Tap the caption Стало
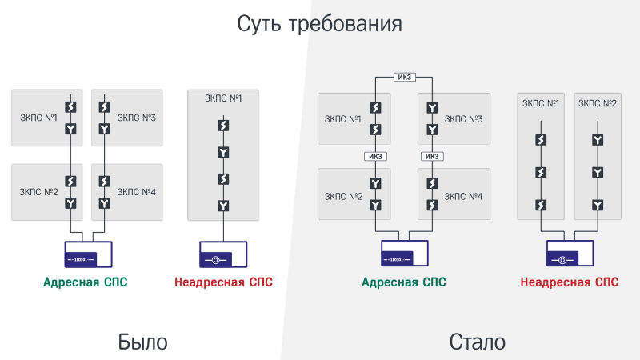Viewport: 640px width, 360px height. coord(478,342)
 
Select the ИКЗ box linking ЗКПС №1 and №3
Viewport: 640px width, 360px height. coord(405,78)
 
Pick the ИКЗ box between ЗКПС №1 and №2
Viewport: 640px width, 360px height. coord(375,156)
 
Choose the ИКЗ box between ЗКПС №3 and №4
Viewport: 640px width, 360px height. coord(433,156)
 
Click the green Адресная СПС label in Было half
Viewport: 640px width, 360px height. coord(86,282)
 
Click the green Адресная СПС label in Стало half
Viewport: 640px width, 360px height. coord(404,282)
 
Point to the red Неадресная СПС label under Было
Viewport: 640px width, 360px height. coord(223,282)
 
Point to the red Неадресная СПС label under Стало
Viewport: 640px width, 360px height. coord(570,282)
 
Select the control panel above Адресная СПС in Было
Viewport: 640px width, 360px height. coord(88,254)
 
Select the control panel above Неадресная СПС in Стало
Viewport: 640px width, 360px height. coord(570,254)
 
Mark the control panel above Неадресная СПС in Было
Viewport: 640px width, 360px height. coord(222,254)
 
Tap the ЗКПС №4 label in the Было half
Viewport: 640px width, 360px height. coord(136,192)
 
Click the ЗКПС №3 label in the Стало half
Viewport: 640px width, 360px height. coord(463,118)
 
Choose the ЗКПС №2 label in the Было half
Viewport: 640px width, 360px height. coord(38,192)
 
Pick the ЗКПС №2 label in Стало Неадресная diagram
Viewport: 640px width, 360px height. coord(598,103)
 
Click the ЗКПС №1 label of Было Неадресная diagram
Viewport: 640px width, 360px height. coord(223,98)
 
